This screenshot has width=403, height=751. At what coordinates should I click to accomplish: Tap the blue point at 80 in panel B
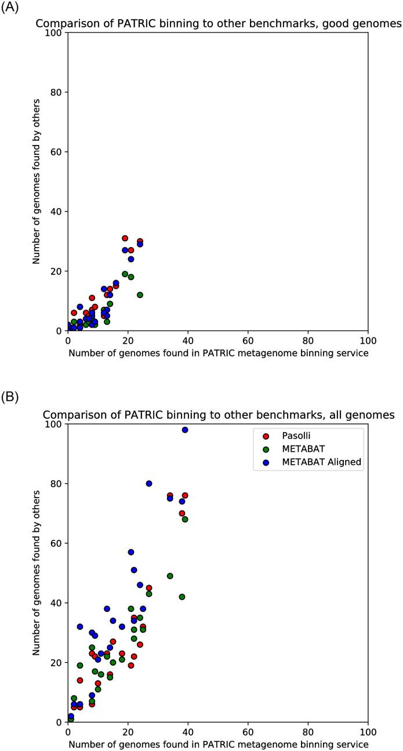point(149,484)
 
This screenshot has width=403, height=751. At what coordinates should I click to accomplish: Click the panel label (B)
point(10,400)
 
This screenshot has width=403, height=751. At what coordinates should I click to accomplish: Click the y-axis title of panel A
point(36,182)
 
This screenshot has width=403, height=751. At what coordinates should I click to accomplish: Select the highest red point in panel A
point(125,238)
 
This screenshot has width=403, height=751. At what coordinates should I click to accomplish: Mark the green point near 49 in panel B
point(170,576)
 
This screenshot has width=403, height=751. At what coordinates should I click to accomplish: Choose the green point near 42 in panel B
point(182,597)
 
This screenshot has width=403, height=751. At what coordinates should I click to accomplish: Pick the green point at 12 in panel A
point(140,295)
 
